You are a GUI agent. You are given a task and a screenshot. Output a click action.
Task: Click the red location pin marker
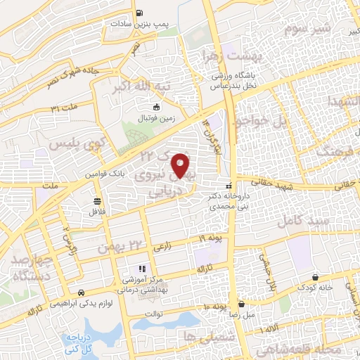pyautogui.click(x=181, y=165)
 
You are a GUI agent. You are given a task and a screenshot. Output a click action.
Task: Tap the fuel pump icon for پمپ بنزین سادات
pyautogui.click(x=140, y=12)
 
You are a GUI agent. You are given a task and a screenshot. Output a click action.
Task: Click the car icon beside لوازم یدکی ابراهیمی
pyautogui.click(x=82, y=292)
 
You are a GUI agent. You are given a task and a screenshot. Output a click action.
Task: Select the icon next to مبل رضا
pyautogui.click(x=242, y=305)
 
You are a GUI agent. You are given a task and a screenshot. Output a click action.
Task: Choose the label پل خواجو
pyautogui.click(x=262, y=121)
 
